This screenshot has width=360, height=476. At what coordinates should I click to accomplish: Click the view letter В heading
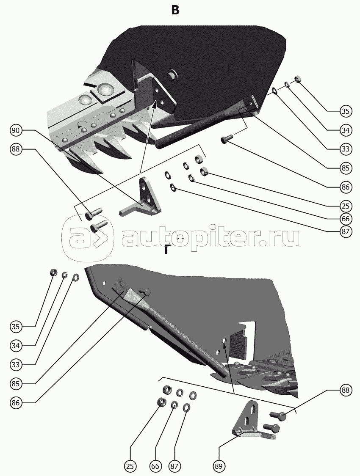pos(175,10)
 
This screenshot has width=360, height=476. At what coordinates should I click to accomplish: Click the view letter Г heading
pos(168,250)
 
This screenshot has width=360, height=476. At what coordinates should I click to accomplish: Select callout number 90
pos(16,131)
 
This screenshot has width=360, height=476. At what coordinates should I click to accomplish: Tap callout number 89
pos(219,466)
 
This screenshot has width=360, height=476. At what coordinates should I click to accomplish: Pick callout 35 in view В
pos(346,112)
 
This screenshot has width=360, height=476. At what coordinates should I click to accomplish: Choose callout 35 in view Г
pos(16,327)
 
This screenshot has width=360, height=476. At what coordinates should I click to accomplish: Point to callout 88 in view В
pos(16,149)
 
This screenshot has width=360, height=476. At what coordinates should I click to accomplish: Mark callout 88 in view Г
pos(346,391)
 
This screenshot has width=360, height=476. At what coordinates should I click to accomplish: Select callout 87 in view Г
pos(174,466)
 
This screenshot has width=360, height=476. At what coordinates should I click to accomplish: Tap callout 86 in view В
pos(346,187)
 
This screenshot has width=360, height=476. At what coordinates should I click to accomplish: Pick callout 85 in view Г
pos(16,384)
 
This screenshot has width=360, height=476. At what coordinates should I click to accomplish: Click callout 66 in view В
pos(346,219)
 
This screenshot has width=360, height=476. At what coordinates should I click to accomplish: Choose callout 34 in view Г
pos(16,346)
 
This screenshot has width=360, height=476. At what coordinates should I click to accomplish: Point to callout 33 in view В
pos(346,149)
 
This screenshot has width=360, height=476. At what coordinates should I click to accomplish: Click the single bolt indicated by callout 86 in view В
pos(225,139)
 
